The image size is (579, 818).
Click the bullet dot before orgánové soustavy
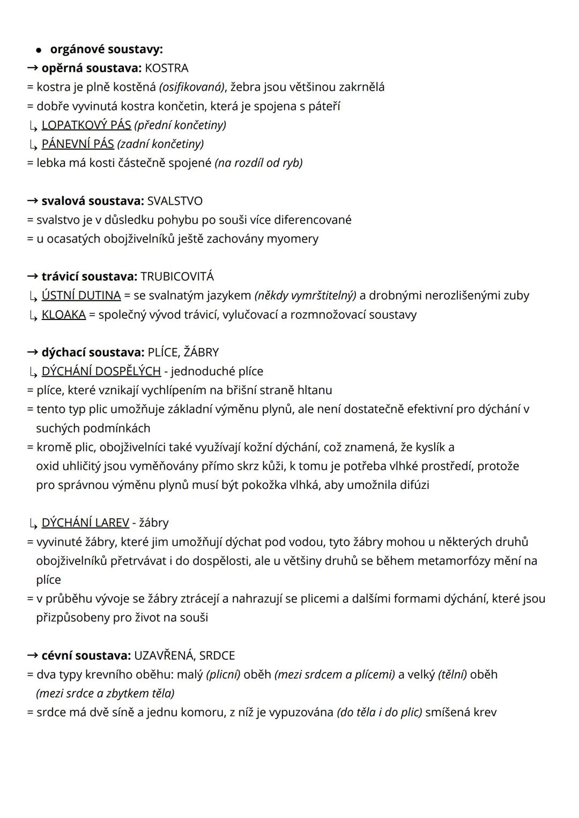(39, 50)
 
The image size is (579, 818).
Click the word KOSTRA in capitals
(166, 68)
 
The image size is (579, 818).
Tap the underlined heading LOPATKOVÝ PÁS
(86, 125)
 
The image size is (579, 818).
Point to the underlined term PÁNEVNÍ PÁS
(78, 144)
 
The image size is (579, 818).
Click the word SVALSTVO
(175, 201)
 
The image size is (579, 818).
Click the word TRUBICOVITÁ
(177, 277)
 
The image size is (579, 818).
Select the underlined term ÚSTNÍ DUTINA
(81, 295)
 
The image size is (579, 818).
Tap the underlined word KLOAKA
(64, 314)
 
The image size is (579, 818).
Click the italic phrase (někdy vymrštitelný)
(305, 295)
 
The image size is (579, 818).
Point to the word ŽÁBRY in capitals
(201, 352)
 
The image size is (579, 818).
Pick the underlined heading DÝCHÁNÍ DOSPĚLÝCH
(101, 371)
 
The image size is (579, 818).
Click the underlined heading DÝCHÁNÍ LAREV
(85, 523)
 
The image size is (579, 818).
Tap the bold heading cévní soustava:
(86, 656)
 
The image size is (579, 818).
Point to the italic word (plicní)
(223, 674)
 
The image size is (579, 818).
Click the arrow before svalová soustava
(32, 201)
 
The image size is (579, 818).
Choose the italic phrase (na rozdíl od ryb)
(258, 163)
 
